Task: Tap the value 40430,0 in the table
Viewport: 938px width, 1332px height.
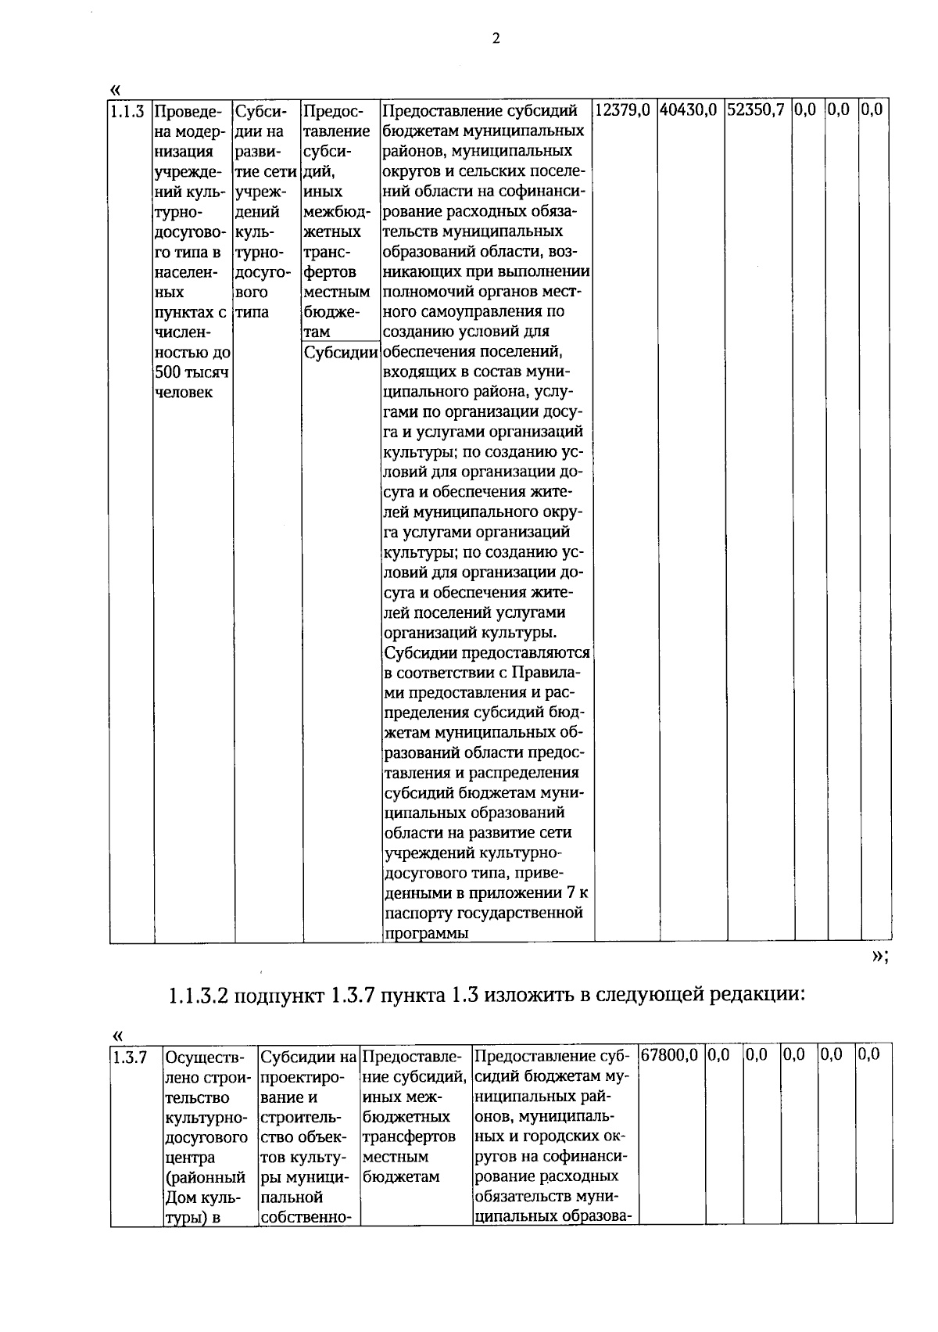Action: click(688, 110)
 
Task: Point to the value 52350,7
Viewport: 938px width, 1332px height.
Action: click(755, 110)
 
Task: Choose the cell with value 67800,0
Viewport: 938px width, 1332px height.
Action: click(669, 1055)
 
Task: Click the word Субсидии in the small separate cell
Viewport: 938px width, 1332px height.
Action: click(342, 352)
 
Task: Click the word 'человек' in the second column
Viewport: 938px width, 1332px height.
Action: click(184, 393)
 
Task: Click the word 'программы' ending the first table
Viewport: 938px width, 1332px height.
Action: click(426, 933)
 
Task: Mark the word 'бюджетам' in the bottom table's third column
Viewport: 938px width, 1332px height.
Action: click(401, 1176)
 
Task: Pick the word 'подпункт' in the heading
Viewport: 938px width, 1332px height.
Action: click(276, 996)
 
